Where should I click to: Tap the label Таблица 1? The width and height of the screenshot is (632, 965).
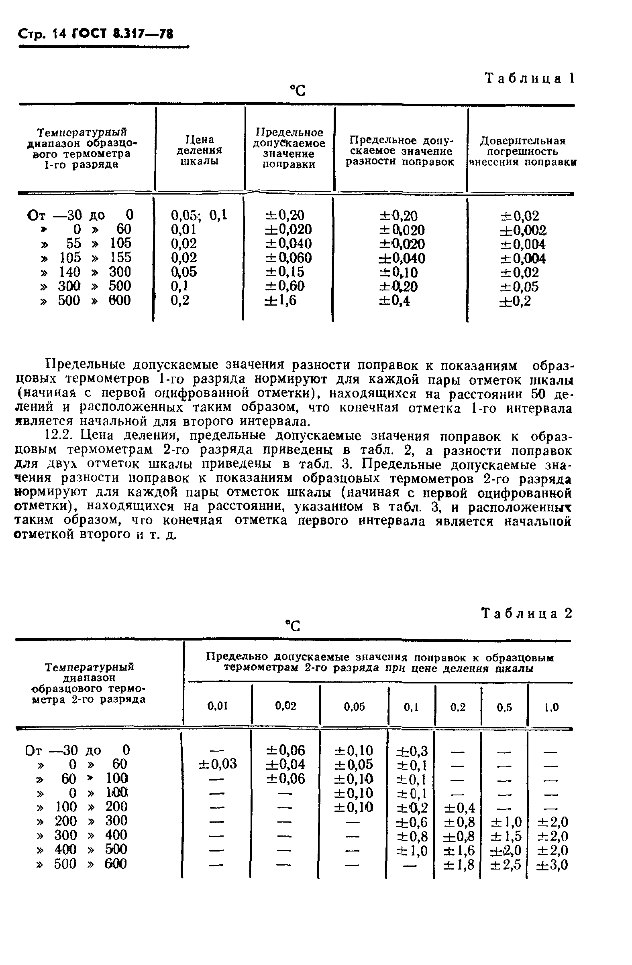(530, 78)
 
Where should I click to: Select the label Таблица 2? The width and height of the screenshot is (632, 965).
(526, 614)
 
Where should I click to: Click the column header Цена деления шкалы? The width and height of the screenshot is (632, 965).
(199, 150)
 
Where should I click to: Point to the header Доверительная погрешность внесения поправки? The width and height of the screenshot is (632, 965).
(522, 152)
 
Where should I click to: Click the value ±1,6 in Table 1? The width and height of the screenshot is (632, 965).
(281, 300)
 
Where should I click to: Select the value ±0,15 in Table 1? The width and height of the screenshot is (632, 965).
(285, 272)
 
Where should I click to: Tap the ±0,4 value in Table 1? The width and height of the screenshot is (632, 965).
(394, 301)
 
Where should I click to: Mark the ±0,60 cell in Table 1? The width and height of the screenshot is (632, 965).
(285, 286)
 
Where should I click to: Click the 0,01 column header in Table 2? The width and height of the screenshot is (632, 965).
(218, 706)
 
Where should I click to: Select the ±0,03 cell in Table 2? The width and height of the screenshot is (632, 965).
(218, 764)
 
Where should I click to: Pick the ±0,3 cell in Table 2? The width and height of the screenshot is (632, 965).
(412, 751)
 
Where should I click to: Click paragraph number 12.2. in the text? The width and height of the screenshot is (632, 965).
(59, 436)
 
